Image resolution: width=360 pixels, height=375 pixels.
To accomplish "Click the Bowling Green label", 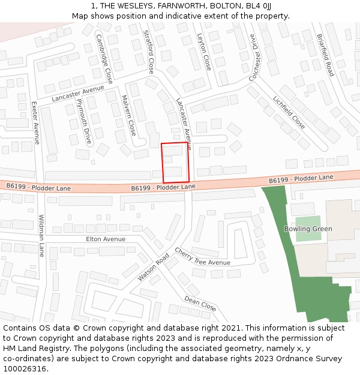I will (x=308, y=229).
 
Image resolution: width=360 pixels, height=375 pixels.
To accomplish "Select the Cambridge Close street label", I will (x=104, y=58).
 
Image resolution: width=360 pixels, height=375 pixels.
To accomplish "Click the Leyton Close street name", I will (x=204, y=52).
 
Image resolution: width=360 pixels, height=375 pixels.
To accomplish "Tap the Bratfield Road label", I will (x=325, y=55).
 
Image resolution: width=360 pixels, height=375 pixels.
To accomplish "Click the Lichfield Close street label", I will (x=289, y=112).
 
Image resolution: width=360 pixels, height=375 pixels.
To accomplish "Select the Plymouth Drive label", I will (x=85, y=122).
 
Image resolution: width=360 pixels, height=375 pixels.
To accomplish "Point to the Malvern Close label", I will (x=128, y=115).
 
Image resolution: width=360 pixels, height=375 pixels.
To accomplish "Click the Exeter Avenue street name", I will (x=35, y=122).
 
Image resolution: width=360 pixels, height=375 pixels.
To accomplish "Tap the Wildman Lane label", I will (x=42, y=235).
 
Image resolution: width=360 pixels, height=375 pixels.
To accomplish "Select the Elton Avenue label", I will (x=106, y=239).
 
